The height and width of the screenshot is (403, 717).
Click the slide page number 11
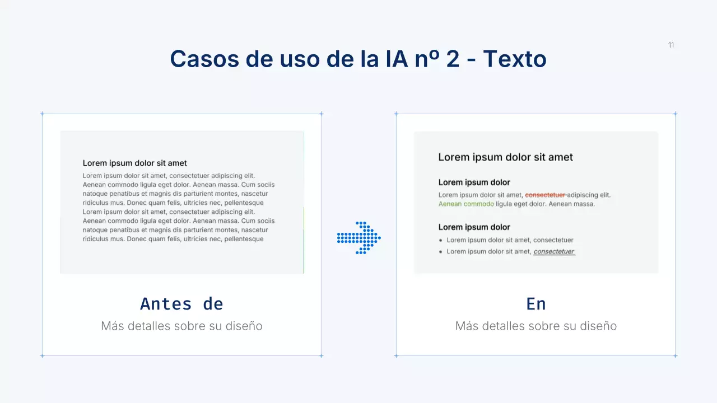click(x=671, y=45)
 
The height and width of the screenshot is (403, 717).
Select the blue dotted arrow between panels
click(x=359, y=238)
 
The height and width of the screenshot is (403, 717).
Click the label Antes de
click(x=181, y=303)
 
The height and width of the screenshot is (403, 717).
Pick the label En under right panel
click(x=536, y=303)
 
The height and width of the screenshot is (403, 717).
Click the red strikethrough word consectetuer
click(x=545, y=195)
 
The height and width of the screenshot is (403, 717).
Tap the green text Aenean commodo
click(x=466, y=204)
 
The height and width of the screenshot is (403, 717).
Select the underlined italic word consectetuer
click(x=554, y=251)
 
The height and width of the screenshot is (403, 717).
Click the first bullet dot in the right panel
click(x=441, y=240)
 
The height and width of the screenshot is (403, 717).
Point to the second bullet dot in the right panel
click(x=441, y=252)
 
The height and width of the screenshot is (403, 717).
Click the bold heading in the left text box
click(x=135, y=163)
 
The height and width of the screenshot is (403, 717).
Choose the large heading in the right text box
click(x=505, y=157)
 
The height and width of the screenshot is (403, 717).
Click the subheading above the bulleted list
click(x=474, y=227)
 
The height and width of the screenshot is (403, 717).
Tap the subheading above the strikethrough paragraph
click(x=474, y=182)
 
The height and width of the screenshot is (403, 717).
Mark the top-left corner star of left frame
click(x=42, y=114)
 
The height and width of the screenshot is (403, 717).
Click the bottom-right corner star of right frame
click(x=675, y=355)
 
